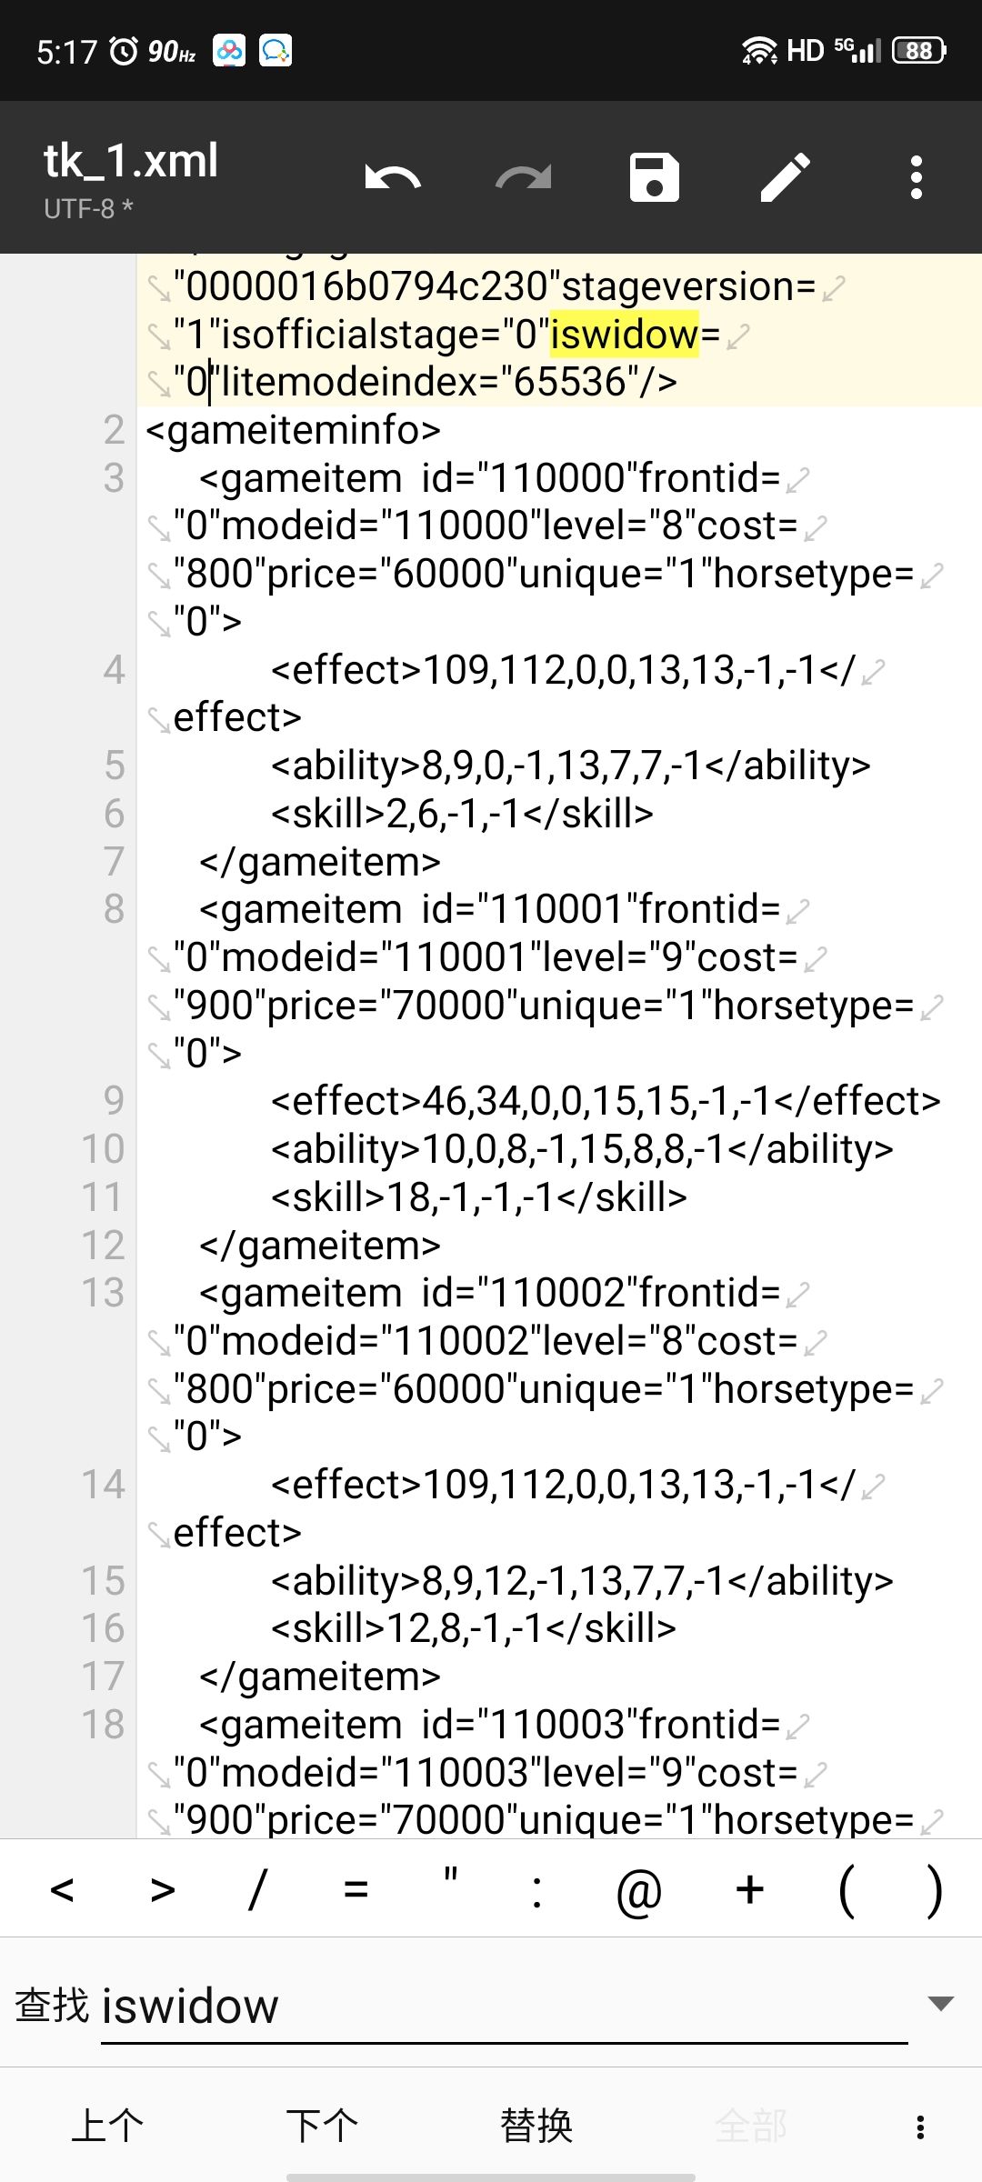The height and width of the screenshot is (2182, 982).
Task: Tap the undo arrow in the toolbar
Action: click(393, 177)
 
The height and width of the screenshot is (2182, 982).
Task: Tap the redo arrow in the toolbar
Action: click(524, 177)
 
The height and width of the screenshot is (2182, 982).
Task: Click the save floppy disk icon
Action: click(655, 177)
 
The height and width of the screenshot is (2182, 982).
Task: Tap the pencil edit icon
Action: click(786, 177)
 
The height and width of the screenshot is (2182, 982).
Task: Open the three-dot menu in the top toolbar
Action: click(917, 177)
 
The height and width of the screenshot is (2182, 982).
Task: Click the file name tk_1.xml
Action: click(131, 161)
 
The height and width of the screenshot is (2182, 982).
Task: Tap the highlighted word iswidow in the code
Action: click(624, 334)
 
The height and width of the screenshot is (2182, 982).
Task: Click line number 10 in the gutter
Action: click(103, 1148)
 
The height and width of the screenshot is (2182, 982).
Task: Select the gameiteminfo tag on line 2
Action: click(293, 430)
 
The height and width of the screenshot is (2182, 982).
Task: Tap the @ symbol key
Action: click(639, 1891)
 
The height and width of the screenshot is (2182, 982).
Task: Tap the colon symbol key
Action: click(537, 1891)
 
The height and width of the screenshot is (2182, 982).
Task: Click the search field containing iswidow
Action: click(504, 2007)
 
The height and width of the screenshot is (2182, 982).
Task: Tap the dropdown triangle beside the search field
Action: click(940, 2003)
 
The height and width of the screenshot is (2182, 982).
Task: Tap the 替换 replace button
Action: click(536, 2126)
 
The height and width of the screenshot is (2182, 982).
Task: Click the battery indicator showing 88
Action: click(919, 50)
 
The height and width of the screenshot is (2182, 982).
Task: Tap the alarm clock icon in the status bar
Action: click(124, 50)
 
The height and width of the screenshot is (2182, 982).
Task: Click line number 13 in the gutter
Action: click(103, 1293)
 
